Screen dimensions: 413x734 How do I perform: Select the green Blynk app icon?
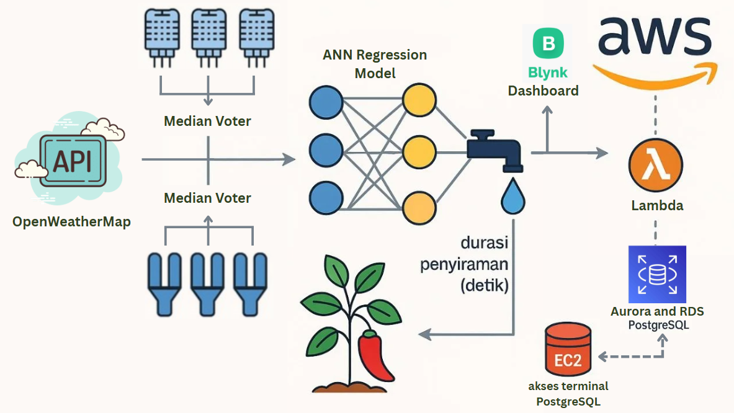coord(548,44)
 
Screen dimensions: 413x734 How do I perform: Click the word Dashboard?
coord(543,91)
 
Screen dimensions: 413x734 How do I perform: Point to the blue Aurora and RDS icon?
coord(657,274)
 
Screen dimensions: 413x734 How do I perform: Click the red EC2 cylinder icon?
coord(568,350)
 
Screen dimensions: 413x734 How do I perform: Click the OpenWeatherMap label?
coord(71,221)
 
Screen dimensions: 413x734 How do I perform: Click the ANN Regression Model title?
coord(375,64)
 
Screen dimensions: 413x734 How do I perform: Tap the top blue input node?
coord(326,102)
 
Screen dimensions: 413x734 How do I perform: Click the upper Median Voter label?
coord(207,121)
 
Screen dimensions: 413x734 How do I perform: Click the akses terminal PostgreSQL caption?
coord(568,394)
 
